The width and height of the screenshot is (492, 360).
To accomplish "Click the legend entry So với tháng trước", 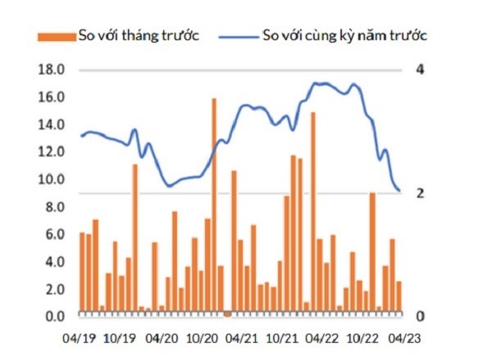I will click(139, 35).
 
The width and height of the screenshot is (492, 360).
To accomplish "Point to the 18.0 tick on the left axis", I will click(52, 70).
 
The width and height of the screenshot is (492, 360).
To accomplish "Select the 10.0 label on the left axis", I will click(52, 180).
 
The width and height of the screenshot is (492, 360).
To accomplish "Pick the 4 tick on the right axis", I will click(420, 70).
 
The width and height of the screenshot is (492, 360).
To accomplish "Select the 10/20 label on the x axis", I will click(203, 336).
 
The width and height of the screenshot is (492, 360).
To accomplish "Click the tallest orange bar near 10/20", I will click(214, 205).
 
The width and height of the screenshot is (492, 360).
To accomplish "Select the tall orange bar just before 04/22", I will click(312, 213).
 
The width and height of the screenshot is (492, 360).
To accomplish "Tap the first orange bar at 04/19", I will click(82, 273).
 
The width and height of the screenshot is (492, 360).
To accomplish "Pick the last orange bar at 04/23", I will click(399, 297).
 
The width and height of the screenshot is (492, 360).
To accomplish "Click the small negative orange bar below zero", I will click(227, 314).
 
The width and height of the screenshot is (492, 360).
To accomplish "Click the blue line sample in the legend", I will click(238, 35).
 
